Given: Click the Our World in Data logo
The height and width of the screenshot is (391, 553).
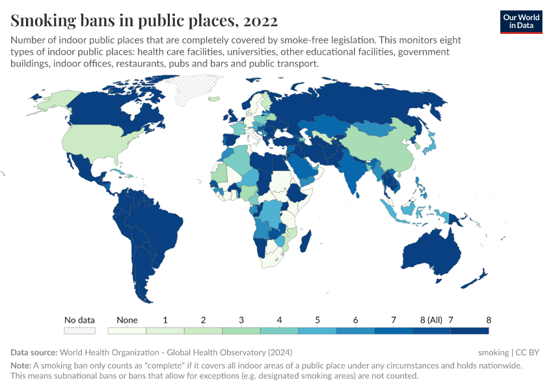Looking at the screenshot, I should [520, 22].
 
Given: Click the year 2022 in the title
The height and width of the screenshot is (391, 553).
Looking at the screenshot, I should [260, 21].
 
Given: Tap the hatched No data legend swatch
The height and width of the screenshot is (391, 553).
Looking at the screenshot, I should [79, 331].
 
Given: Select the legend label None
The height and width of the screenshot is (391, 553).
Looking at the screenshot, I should [127, 320].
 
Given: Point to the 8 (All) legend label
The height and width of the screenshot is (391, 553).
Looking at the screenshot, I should [431, 320].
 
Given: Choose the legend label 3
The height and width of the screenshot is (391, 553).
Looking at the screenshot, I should [241, 320].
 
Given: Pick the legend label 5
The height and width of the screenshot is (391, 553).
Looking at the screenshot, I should [317, 320].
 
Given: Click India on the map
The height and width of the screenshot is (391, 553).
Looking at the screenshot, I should [351, 171].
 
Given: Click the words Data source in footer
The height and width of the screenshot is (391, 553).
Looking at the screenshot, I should [33, 353].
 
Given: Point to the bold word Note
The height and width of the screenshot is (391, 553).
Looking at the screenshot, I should [20, 366].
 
